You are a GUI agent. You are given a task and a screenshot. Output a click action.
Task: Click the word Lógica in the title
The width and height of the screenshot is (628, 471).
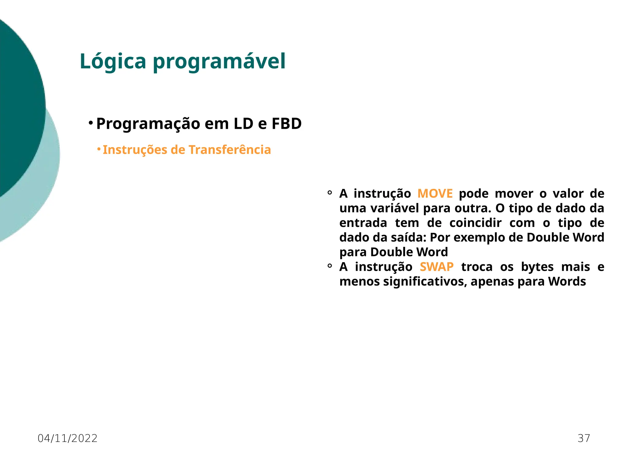pos(113,62)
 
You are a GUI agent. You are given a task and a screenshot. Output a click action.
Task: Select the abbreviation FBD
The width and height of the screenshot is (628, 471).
pos(286,124)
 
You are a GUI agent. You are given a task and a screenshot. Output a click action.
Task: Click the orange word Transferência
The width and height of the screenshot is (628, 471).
pos(230,150)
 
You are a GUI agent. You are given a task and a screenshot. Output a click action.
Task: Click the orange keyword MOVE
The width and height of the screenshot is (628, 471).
pos(435,194)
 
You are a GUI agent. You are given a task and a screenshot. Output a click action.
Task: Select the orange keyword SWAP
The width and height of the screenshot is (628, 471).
pos(436,267)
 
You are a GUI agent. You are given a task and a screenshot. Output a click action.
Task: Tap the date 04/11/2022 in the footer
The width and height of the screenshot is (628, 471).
pos(67,438)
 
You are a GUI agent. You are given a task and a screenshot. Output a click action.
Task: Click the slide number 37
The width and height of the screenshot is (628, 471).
pos(584,438)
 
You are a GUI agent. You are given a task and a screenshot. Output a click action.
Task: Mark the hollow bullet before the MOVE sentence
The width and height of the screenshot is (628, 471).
pos(330,193)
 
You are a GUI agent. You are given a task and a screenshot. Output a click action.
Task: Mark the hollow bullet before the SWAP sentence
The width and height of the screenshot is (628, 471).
pos(330,266)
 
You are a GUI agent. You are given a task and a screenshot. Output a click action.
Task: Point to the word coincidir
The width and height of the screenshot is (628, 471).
pos(475,223)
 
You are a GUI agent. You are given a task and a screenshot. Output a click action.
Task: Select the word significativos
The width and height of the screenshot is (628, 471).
pos(425,281)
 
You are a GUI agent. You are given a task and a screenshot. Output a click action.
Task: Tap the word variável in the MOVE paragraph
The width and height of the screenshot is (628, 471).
pos(394,209)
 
